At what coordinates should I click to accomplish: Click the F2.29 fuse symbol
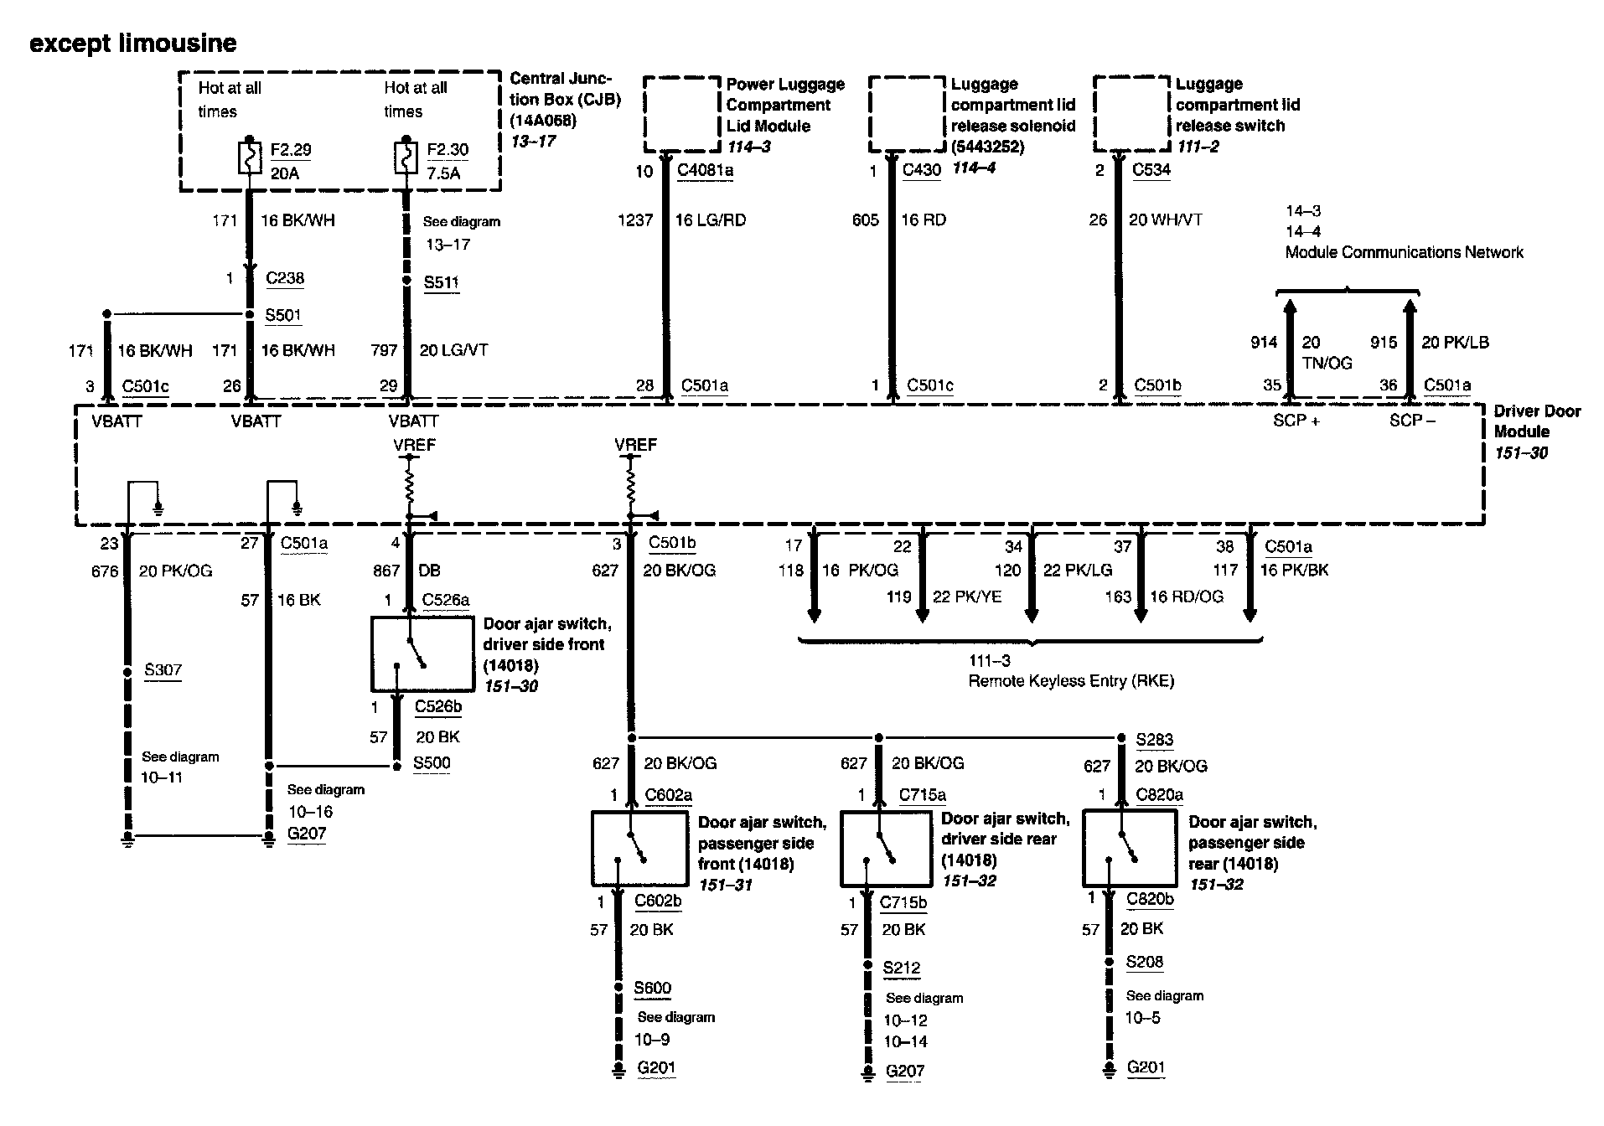[x=250, y=158]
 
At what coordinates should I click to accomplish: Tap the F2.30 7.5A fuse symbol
[x=406, y=158]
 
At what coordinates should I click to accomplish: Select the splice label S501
[x=283, y=316]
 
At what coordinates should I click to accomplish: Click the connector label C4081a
[x=705, y=171]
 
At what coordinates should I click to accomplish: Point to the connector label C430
[x=922, y=170]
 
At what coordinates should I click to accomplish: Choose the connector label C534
[x=1151, y=170]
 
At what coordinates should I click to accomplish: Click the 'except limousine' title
[x=133, y=44]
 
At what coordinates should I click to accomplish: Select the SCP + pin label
[x=1296, y=421]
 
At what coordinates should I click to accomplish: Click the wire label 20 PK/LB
[x=1455, y=343]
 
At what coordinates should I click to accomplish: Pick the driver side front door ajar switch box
[x=422, y=653]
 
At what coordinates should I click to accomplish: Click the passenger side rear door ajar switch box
[x=1129, y=847]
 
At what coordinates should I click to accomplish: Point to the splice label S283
[x=1154, y=740]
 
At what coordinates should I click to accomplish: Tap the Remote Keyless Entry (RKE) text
[x=1070, y=681]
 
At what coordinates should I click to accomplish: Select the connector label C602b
[x=658, y=901]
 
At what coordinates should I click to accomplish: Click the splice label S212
[x=901, y=968]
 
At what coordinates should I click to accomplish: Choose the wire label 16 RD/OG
[x=1186, y=597]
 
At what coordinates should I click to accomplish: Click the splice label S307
[x=163, y=670]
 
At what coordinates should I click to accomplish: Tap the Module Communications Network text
[x=1404, y=253]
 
